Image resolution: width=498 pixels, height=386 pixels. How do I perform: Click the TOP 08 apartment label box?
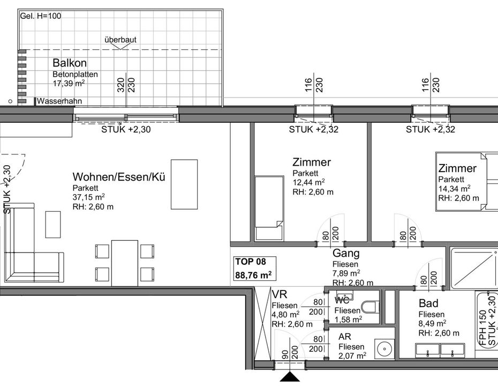[255, 269]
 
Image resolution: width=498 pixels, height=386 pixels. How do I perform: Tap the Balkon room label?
[70, 63]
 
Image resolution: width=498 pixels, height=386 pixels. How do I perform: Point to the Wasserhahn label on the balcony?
[59, 101]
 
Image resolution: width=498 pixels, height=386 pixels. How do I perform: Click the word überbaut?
[120, 40]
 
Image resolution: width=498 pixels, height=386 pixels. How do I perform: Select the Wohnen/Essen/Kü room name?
[119, 177]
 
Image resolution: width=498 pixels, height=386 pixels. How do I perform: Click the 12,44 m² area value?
[308, 182]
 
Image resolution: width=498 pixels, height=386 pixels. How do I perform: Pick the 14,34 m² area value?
[454, 189]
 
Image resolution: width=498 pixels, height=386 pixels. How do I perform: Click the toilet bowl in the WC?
[372, 307]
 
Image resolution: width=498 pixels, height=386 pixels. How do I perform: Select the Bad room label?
[428, 303]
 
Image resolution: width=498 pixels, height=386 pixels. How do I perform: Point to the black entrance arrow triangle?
[290, 377]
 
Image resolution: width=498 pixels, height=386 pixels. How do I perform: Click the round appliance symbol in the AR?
[384, 349]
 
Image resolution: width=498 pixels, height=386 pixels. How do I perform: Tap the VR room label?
[280, 294]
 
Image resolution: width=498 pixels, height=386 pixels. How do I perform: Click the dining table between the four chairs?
[124, 263]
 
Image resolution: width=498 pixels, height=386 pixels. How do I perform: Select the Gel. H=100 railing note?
[40, 16]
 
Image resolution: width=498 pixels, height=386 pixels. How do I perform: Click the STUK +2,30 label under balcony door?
[126, 129]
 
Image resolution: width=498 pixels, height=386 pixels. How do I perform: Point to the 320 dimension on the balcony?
[121, 85]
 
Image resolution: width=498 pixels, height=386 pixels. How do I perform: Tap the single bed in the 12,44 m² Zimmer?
[269, 208]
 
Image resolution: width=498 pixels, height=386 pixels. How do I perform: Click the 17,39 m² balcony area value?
[69, 83]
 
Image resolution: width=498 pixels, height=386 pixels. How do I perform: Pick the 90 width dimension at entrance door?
[285, 355]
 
